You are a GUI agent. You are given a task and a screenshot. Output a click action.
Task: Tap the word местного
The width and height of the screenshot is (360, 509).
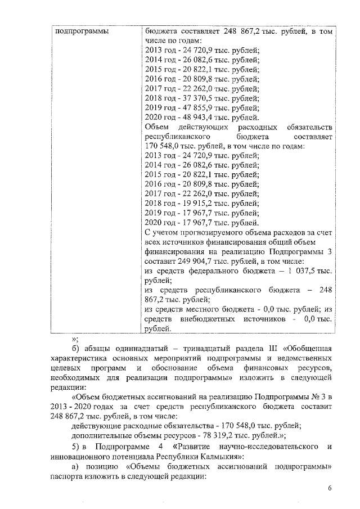point(210,309)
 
